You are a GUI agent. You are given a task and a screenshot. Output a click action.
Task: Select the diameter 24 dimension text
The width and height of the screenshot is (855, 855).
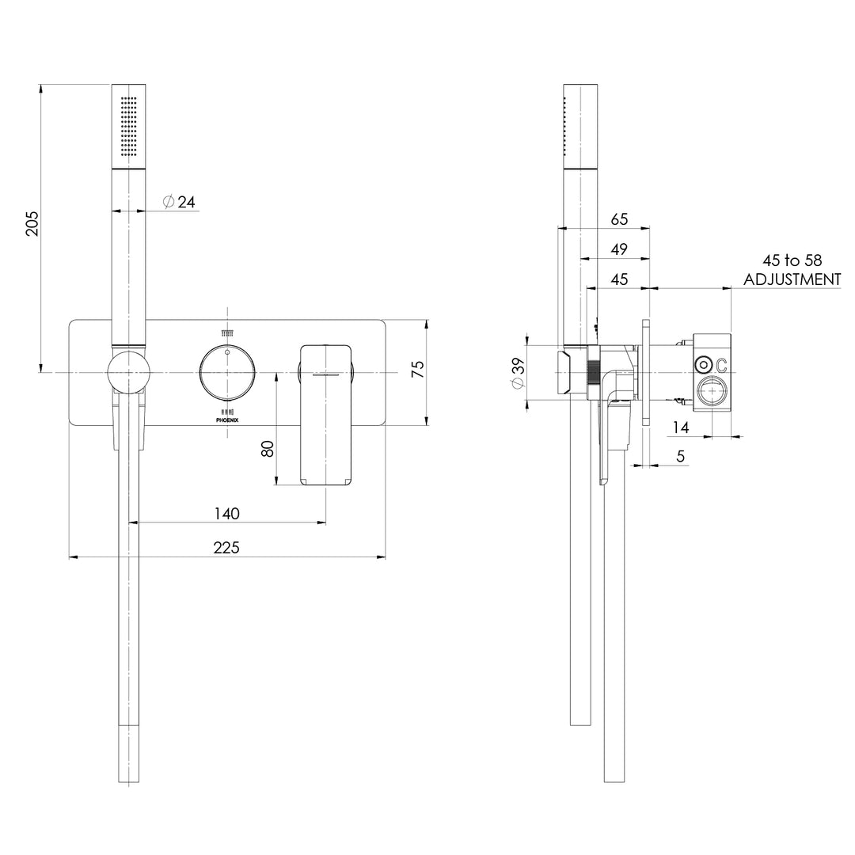point(180,202)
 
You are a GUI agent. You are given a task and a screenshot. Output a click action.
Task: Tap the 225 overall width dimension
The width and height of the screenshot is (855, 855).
point(226,547)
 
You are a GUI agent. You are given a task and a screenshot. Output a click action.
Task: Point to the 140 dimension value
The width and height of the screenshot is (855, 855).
point(226,513)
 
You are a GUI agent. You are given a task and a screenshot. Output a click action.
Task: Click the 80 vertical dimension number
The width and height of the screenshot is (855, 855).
point(267,448)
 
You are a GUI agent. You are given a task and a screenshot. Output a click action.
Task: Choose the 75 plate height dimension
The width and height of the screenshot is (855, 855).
point(417,369)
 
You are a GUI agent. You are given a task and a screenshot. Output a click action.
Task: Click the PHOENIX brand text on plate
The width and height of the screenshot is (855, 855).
point(227,421)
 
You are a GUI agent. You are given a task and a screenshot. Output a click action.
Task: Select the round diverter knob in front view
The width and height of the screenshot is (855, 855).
point(227,372)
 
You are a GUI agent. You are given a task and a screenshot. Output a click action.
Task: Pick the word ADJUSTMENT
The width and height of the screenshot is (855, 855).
point(792,279)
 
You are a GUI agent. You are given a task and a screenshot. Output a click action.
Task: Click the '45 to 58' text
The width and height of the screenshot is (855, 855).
point(792,260)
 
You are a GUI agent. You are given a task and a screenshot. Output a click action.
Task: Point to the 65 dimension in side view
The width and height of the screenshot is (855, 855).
point(619,218)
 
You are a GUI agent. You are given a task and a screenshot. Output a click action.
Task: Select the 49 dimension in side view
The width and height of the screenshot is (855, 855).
point(619,249)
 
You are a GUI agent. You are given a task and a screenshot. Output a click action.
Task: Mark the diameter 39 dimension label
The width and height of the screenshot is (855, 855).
point(518,372)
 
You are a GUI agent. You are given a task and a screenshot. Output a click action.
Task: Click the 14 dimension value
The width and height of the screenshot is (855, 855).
point(679,427)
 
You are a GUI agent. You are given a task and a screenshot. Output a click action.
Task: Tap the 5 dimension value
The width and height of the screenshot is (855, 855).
point(681,456)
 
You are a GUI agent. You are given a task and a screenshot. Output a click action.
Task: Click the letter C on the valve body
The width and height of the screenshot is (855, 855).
point(722,365)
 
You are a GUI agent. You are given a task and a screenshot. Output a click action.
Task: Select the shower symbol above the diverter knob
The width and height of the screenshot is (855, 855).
point(227,333)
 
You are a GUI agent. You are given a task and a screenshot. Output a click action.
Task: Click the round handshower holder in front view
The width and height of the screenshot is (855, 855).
point(127,372)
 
